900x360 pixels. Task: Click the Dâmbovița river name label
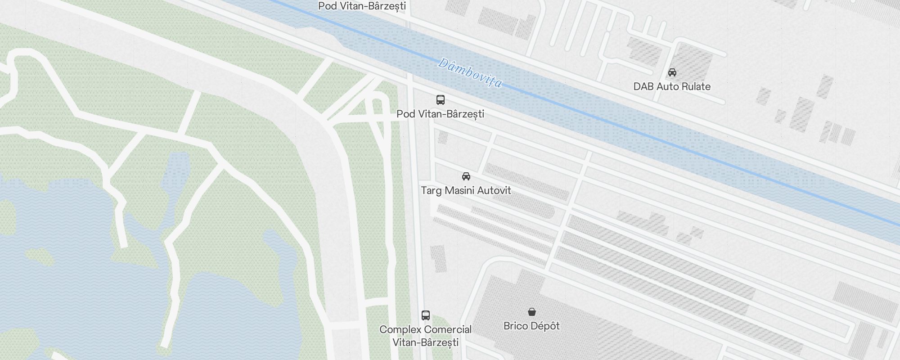[470, 73]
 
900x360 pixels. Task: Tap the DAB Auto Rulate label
[672, 86]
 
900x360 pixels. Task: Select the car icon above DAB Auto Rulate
[672, 72]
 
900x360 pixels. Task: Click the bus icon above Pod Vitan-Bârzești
[441, 100]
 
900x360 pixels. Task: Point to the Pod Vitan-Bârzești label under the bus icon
[440, 114]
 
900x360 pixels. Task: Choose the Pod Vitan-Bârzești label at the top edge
[362, 6]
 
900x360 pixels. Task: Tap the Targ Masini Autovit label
[466, 190]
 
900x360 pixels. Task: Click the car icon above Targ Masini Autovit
[466, 176]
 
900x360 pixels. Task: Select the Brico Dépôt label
[531, 326]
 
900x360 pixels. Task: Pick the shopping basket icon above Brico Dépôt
[531, 312]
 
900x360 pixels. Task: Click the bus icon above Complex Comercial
[426, 315]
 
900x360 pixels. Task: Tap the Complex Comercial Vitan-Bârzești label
[426, 336]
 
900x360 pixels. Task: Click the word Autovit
[494, 190]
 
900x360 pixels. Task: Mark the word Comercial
[447, 329]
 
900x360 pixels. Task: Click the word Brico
[516, 326]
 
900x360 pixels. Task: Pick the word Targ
[431, 191]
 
